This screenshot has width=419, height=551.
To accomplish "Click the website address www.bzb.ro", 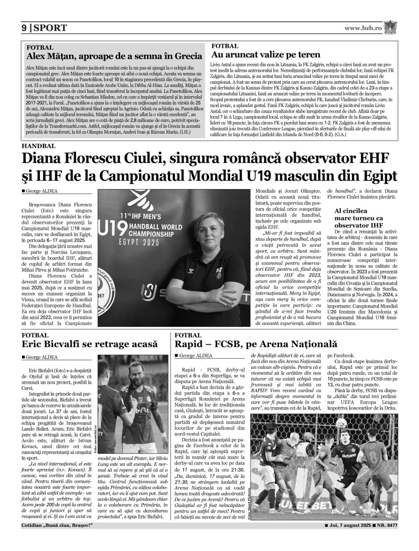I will [x=363, y=28].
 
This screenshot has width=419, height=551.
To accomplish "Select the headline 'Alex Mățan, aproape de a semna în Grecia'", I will [x=114, y=56].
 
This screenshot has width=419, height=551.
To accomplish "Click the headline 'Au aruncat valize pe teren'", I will [x=266, y=54].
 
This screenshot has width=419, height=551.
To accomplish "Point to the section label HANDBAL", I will [x=38, y=146].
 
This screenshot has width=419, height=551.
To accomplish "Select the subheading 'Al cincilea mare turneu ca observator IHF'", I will [x=359, y=218].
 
